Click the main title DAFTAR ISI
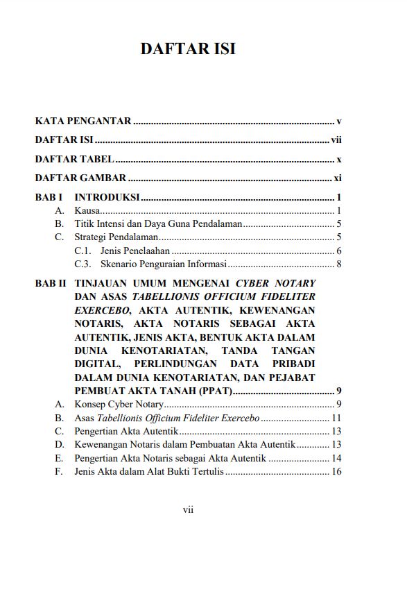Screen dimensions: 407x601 click(x=188, y=49)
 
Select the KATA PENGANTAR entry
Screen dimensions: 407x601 click(x=83, y=121)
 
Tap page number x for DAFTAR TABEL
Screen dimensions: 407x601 click(x=339, y=159)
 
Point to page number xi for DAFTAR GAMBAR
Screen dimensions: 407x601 click(x=338, y=178)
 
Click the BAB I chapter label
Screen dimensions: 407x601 click(x=49, y=197)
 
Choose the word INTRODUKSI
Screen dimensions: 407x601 click(x=107, y=197)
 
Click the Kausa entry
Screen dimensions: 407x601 click(x=87, y=210)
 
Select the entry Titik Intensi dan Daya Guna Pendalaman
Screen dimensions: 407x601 click(x=158, y=223)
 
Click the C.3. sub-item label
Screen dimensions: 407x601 click(x=83, y=264)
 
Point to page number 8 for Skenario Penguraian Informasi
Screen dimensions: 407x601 click(x=339, y=264)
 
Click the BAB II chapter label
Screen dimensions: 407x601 click(x=51, y=283)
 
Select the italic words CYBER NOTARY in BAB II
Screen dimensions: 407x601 click(x=275, y=283)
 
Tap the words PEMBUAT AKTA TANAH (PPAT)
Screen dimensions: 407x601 click(x=153, y=391)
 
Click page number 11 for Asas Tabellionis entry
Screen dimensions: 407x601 click(x=336, y=418)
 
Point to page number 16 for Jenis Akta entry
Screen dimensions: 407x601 click(x=336, y=472)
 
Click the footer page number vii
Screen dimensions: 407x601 click(x=188, y=510)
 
